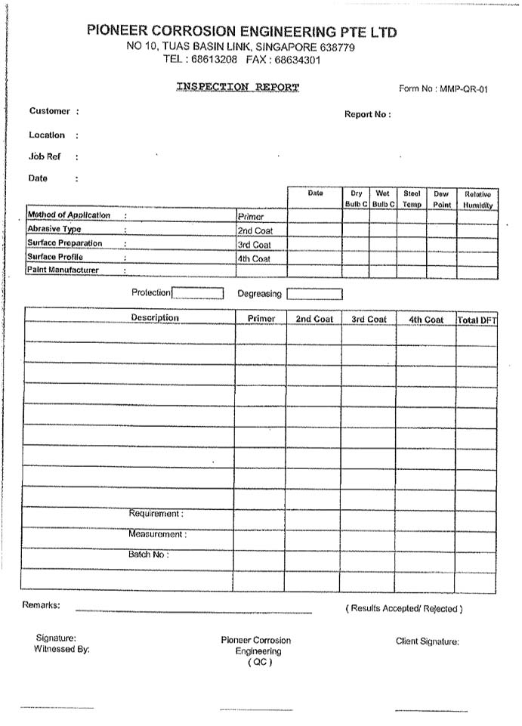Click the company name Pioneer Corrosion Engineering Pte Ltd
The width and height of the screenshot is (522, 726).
point(241,32)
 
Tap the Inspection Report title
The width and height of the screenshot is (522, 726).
point(238,87)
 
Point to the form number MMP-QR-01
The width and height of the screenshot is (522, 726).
point(443,89)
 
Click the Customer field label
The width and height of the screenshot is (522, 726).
point(50,111)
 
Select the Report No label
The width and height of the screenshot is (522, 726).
point(367,115)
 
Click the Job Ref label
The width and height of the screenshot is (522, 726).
point(45,157)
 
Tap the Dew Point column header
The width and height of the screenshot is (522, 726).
point(441,199)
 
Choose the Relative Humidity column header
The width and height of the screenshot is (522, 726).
point(477,199)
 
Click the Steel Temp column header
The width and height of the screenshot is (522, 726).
point(412,199)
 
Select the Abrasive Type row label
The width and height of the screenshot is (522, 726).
point(54,229)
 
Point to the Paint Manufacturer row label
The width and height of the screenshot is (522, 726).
point(63,270)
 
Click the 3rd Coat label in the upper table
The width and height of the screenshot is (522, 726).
point(254,246)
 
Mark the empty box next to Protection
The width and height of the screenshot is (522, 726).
point(197,293)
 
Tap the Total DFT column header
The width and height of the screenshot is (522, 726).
point(477,320)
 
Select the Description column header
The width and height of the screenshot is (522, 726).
point(155,318)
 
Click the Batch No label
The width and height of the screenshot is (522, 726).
point(148,555)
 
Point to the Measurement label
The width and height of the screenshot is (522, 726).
point(156,534)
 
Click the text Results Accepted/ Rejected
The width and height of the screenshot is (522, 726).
point(404,608)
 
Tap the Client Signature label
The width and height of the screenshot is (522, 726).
point(428,641)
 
